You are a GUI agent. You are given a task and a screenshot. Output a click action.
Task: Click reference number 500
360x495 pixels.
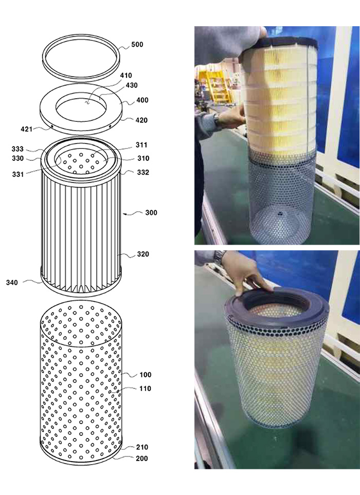[x=137, y=45]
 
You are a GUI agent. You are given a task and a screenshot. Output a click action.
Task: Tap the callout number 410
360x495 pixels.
[x=126, y=76]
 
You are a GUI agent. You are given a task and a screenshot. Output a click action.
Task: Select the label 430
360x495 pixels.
[x=132, y=85]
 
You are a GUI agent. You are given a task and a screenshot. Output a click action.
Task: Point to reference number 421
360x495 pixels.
[x=27, y=129]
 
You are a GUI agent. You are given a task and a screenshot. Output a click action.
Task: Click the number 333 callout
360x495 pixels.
[x=17, y=149]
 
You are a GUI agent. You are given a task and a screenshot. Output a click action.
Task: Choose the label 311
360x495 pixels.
[x=141, y=145]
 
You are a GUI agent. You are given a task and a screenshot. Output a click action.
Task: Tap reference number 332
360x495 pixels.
[x=143, y=172]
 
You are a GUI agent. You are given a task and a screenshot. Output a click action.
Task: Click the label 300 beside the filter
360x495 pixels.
[x=151, y=213]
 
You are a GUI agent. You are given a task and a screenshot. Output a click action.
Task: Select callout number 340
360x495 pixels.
[x=12, y=283]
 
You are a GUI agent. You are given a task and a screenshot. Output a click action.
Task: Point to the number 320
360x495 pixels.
[x=143, y=254]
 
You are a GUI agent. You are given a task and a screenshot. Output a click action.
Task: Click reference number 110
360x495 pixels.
[x=145, y=389]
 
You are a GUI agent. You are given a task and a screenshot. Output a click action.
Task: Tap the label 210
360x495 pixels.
[x=142, y=447]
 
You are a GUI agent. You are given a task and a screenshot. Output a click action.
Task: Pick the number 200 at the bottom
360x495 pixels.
[x=142, y=459]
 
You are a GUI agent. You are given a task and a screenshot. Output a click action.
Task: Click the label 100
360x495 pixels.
[x=146, y=375]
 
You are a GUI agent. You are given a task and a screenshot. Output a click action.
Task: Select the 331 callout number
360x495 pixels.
[x=18, y=174]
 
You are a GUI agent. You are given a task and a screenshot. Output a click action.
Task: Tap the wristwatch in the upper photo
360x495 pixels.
[x=217, y=120]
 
